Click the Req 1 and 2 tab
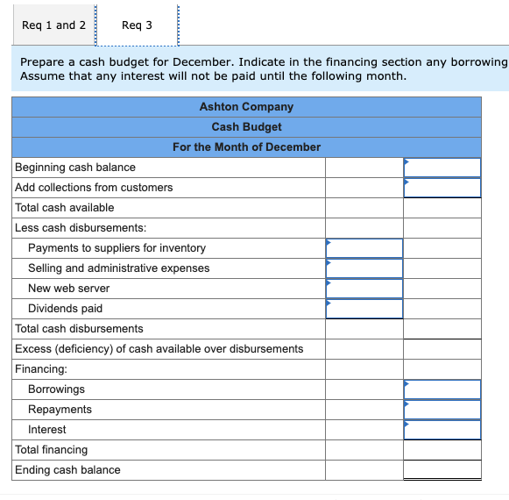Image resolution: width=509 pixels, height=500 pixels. click(53, 25)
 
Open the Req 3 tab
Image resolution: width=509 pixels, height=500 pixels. click(137, 25)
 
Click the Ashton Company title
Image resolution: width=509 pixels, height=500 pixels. click(246, 107)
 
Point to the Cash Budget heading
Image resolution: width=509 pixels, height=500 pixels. click(246, 127)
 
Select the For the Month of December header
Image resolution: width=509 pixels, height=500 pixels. click(246, 147)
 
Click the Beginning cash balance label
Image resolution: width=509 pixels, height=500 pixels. click(75, 168)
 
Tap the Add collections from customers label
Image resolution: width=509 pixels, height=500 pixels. click(94, 188)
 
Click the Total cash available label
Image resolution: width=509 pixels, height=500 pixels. click(65, 208)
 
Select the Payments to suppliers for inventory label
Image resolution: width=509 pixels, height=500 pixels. click(117, 248)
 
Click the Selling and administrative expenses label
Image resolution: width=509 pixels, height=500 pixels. click(118, 268)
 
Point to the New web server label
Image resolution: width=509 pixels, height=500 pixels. click(69, 289)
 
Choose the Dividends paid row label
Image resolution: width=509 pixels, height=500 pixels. click(65, 309)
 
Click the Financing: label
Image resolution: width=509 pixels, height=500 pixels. click(41, 369)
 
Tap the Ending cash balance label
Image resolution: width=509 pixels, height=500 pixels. click(67, 470)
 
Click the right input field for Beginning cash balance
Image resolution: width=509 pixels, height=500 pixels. click(442, 168)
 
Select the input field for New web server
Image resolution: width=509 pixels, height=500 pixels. click(364, 289)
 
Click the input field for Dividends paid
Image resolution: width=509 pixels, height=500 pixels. click(364, 309)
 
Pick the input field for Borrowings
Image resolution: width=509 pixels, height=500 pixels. click(442, 389)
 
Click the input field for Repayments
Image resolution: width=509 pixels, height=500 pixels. click(442, 410)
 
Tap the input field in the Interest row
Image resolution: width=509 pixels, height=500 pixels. click(442, 430)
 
